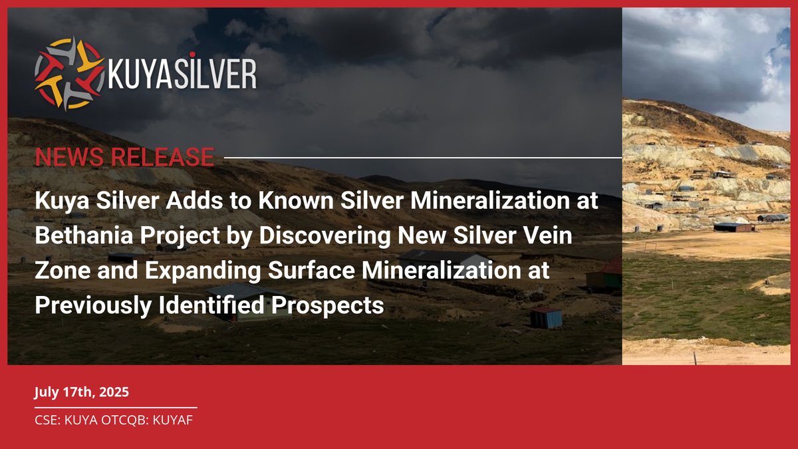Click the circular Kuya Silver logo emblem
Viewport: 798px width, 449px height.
point(69,74)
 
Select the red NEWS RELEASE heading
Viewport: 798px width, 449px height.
point(124,158)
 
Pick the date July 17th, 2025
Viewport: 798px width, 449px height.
point(82,392)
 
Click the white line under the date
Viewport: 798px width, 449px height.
point(116,407)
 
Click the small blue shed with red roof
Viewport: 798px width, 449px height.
point(546,317)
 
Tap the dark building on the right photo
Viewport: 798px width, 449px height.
point(734,227)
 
